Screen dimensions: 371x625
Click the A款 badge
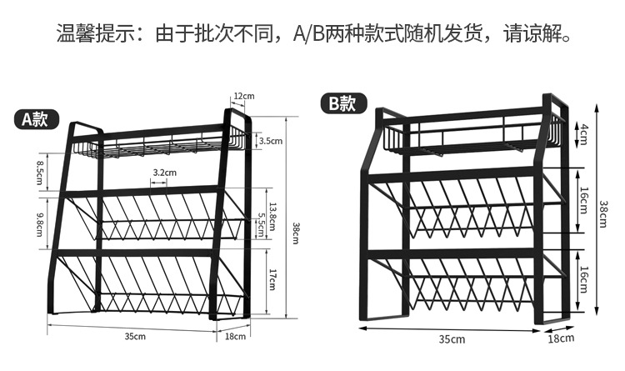pos(35,118)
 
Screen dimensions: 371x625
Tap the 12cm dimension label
pos(243,96)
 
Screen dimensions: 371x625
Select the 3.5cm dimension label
pos(271,142)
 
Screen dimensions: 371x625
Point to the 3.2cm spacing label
pos(164,173)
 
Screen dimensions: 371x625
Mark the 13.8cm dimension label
pos(272,207)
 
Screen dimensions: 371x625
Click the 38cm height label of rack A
pos(294,234)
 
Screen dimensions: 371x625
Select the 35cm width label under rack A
pos(136,336)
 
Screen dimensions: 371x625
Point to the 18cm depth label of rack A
pos(237,336)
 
